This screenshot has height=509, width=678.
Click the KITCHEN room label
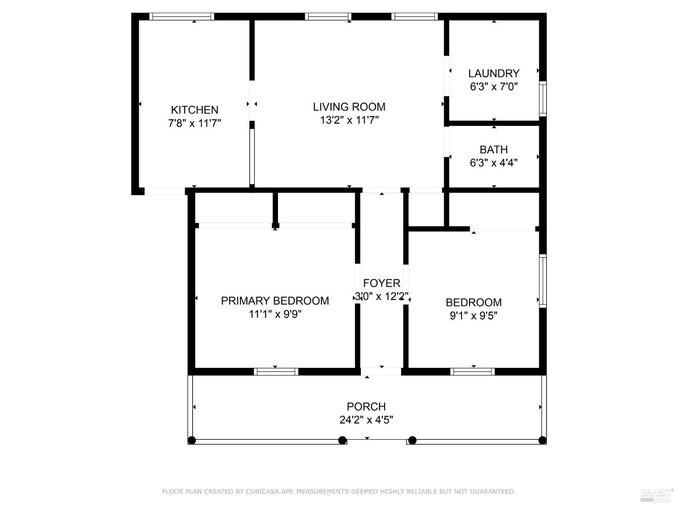coord(194,109)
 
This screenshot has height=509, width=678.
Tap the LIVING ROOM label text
coord(349,107)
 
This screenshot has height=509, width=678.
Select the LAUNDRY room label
coord(494,73)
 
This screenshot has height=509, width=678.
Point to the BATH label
coord(494,149)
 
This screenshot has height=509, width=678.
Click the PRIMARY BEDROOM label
coord(275,300)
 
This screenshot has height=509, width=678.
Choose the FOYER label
coord(381,283)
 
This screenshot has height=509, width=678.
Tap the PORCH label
coord(366,406)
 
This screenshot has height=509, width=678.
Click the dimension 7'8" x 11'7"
coord(194,123)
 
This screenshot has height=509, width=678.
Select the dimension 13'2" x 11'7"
coord(349,120)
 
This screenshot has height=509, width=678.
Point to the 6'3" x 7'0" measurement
coord(494,86)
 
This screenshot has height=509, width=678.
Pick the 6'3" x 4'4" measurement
coord(494,163)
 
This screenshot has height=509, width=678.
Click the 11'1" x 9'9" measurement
coord(275,314)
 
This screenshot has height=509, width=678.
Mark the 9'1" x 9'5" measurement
coord(473,316)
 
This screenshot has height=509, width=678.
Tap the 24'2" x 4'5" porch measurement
coord(366,420)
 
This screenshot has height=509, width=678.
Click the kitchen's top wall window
coord(182,17)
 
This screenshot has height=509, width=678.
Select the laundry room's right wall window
coord(543,99)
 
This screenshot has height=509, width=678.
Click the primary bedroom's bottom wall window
coord(276,371)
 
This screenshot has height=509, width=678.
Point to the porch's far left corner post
coord(192,440)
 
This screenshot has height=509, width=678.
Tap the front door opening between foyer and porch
coord(381,371)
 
